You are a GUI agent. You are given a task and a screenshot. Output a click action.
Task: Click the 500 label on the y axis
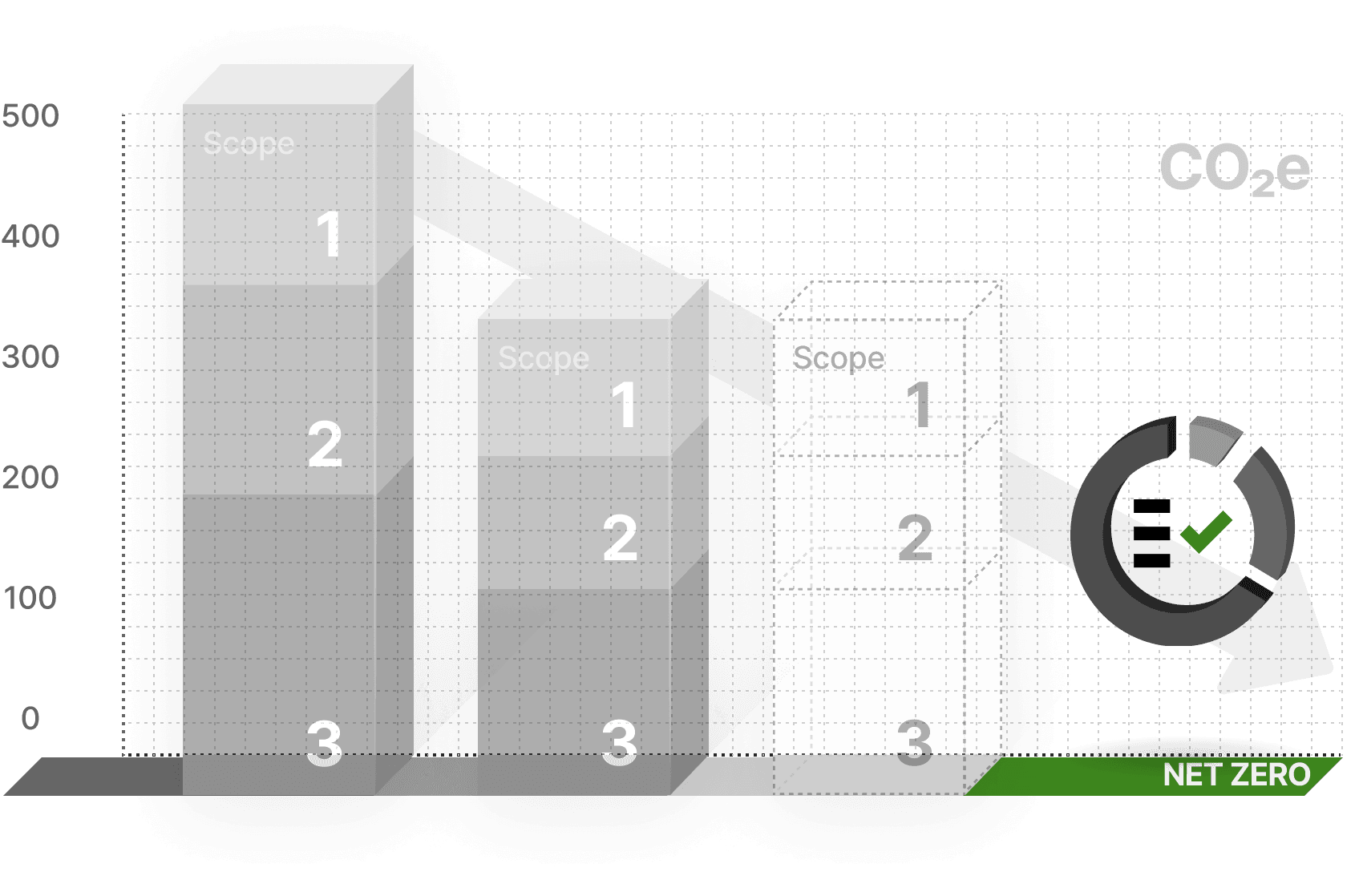30,117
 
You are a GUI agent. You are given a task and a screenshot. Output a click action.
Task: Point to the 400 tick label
30,237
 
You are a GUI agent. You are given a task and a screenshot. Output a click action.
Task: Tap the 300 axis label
30,357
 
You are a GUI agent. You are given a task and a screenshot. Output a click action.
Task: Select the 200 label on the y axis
30,478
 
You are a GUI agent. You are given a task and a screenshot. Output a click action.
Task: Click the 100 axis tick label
30,598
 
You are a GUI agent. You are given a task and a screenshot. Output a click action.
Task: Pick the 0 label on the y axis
30,718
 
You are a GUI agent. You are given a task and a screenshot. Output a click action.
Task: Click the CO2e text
1235,170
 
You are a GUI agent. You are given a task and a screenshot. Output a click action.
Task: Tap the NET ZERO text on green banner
1236,775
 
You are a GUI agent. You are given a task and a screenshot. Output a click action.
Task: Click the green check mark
1206,531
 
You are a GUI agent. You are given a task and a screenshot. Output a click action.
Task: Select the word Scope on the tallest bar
249,144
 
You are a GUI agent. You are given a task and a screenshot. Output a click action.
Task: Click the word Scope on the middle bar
544,358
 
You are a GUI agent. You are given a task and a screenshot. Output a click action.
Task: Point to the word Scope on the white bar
839,358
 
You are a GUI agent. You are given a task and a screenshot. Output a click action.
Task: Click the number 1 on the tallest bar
329,234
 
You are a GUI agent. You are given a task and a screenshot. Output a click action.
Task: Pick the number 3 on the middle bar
620,742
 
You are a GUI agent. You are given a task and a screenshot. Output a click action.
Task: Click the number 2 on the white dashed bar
915,538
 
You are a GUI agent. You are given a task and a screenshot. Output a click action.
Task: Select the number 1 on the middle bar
624,405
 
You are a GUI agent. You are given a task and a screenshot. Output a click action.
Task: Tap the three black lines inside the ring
1152,533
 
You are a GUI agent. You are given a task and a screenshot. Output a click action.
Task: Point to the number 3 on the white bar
915,742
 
